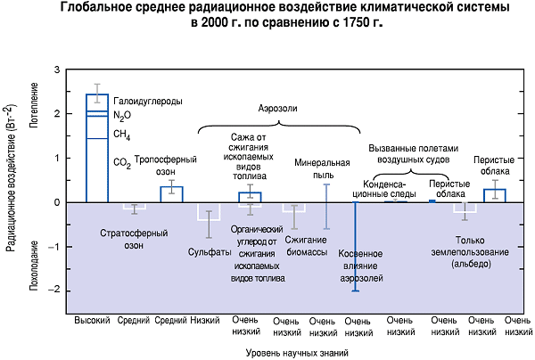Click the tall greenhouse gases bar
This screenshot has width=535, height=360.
(x=97, y=151)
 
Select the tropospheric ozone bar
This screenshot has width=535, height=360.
(x=171, y=194)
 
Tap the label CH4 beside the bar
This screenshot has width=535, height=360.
(x=122, y=135)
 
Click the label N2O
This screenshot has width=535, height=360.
(x=122, y=116)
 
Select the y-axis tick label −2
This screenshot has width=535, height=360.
(x=54, y=290)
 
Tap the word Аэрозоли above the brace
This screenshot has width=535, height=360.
(x=277, y=108)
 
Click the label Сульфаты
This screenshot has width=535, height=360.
(x=211, y=251)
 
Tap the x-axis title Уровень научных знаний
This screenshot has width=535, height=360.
(x=292, y=352)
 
